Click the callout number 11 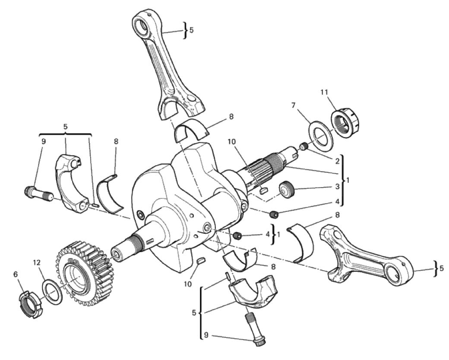[324, 92]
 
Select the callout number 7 [293, 105]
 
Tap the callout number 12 [36, 263]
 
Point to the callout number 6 [16, 274]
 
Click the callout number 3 [338, 186]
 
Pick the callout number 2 [337, 161]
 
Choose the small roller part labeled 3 [287, 189]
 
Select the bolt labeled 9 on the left [38, 194]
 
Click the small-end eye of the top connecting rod [142, 24]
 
